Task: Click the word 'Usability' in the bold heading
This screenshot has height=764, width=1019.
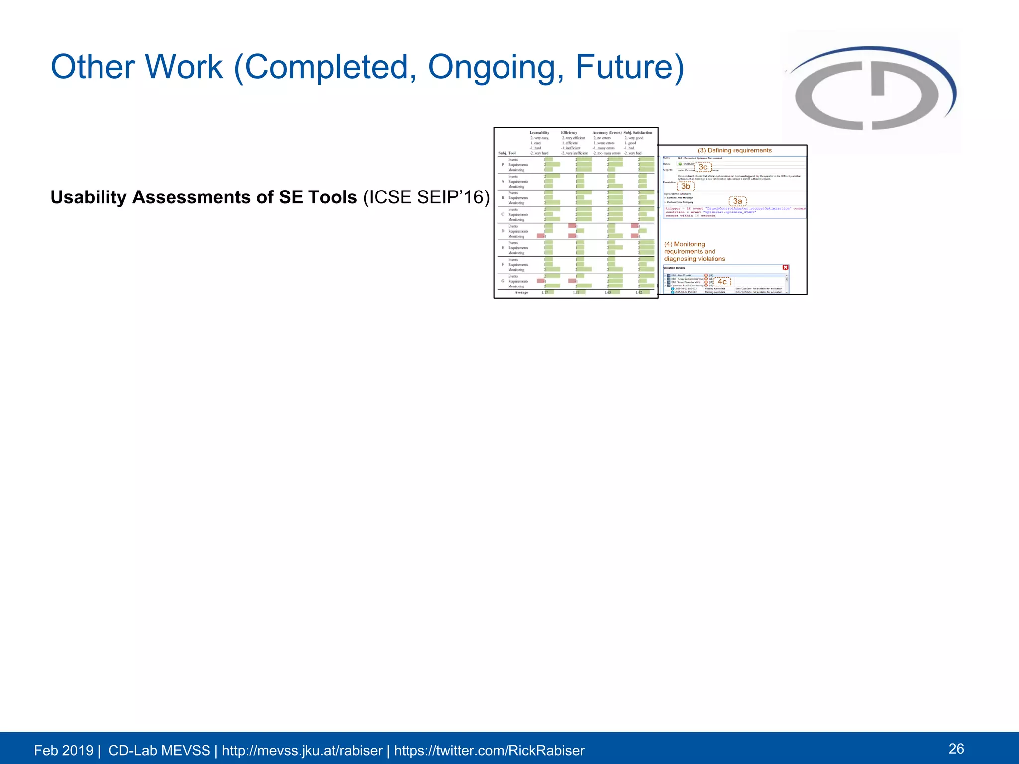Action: click(89, 197)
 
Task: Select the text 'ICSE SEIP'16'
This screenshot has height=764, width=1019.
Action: click(426, 197)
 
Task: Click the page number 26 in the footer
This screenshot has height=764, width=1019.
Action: click(956, 749)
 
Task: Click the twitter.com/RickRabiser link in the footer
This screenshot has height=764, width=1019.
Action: click(489, 750)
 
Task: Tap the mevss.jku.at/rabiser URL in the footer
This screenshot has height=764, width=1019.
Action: click(302, 750)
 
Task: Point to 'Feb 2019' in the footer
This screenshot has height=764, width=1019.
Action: click(63, 750)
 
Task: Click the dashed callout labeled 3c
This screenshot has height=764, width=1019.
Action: click(703, 167)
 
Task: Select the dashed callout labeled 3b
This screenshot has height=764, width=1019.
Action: click(685, 187)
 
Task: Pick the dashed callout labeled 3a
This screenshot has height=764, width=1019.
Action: click(737, 201)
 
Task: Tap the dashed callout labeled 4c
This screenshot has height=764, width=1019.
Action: click(722, 282)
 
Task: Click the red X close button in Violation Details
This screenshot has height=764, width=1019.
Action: click(785, 268)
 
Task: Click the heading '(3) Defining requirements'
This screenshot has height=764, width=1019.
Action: click(734, 150)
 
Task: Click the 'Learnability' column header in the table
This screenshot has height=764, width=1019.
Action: click(539, 133)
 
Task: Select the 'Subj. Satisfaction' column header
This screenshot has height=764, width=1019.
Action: click(638, 133)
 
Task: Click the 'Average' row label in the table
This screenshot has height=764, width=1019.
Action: click(521, 292)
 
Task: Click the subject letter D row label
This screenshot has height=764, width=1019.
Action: click(503, 231)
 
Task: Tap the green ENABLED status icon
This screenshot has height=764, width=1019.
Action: click(680, 164)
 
